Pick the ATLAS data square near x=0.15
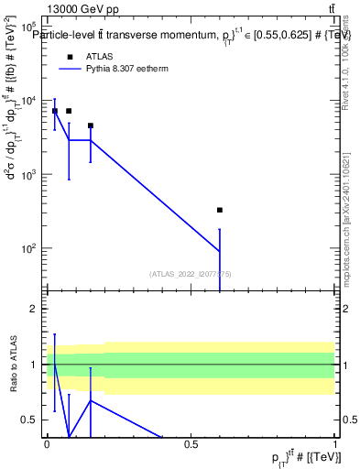pyautogui.click(x=90, y=125)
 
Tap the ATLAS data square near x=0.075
pyautogui.click(x=69, y=111)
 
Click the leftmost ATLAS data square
pyautogui.click(x=55, y=111)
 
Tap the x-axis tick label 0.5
pyautogui.click(x=191, y=444)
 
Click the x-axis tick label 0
pyautogui.click(x=47, y=444)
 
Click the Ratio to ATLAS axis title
pyautogui.click(x=12, y=365)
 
